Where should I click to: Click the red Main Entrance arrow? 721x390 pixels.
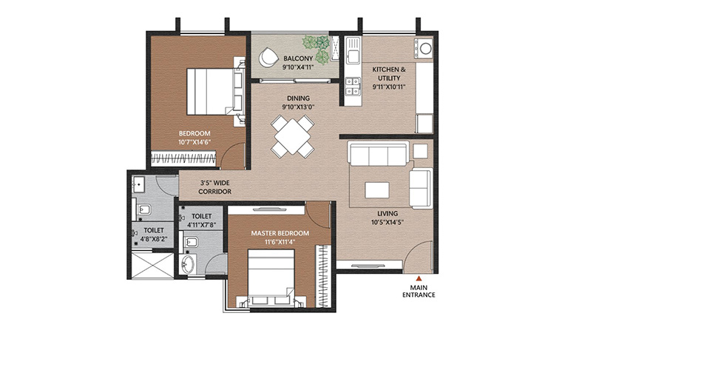(x=419, y=278)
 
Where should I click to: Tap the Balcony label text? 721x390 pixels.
(x=298, y=59)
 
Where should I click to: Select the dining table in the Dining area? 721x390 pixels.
(x=292, y=136)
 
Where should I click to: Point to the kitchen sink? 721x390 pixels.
(x=353, y=56)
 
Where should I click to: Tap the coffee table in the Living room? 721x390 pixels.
(x=377, y=190)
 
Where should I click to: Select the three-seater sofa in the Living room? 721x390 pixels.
(x=378, y=154)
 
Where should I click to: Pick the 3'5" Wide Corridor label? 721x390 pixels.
(x=214, y=186)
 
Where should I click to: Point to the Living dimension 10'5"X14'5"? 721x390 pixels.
(x=387, y=223)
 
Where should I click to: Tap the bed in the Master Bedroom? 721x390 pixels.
(x=271, y=278)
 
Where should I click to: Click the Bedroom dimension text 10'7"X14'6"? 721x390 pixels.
(x=194, y=142)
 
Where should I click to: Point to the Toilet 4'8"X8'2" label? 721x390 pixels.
(x=154, y=235)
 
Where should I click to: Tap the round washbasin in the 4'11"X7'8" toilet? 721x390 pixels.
(x=189, y=264)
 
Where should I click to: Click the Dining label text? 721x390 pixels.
(x=299, y=98)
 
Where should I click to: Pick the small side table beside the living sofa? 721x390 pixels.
(x=420, y=151)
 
